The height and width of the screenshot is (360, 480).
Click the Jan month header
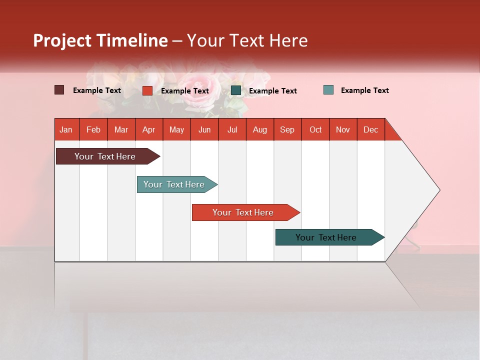coord(66,129)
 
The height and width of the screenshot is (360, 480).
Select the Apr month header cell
coord(149,129)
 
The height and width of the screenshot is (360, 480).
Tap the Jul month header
coord(232,129)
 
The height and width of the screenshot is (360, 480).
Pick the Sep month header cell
coord(287,129)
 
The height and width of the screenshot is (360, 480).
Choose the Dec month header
coord(370,129)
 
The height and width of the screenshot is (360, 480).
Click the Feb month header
coord(93,129)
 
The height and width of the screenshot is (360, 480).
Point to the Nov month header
coord(343,129)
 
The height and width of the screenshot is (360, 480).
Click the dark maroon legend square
coord(59,90)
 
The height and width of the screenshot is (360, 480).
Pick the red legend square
coord(147,90)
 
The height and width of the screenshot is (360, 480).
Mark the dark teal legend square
coord(236,90)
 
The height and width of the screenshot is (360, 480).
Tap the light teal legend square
coord(328,90)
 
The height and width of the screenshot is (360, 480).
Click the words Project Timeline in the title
coord(100,40)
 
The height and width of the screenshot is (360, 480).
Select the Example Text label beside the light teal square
coord(364,90)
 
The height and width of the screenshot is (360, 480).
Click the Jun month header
coord(204,129)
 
